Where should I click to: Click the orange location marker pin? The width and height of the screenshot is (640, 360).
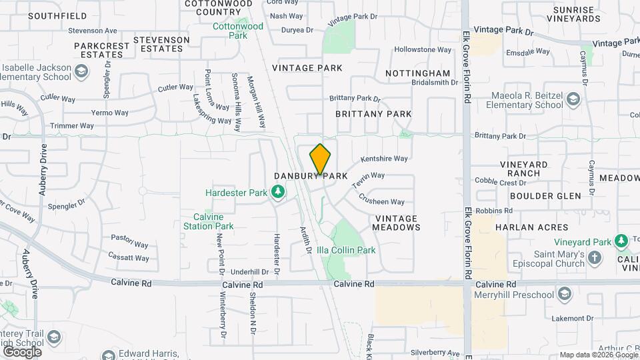(x=320, y=159)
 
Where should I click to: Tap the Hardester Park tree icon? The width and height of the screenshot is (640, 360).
(x=277, y=193)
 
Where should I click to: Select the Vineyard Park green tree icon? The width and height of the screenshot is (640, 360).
(x=621, y=239)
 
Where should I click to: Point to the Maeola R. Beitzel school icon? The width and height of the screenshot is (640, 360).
(x=573, y=101)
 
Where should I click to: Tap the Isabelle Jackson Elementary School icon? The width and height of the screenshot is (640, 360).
(x=81, y=71)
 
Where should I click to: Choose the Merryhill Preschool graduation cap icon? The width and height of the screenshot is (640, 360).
(x=565, y=294)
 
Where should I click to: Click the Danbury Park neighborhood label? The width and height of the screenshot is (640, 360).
(x=311, y=176)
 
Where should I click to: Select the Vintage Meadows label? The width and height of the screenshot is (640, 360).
(x=397, y=223)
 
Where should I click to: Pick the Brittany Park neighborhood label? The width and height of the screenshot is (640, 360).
(x=373, y=114)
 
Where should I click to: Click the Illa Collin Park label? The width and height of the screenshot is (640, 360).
(x=346, y=251)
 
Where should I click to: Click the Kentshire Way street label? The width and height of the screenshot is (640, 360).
(x=384, y=159)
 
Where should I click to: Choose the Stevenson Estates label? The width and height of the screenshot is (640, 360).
(x=161, y=44)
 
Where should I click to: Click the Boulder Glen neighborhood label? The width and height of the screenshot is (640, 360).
(x=545, y=196)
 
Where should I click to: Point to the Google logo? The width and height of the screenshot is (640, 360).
(x=22, y=351)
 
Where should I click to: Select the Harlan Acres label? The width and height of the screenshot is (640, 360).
(x=533, y=227)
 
